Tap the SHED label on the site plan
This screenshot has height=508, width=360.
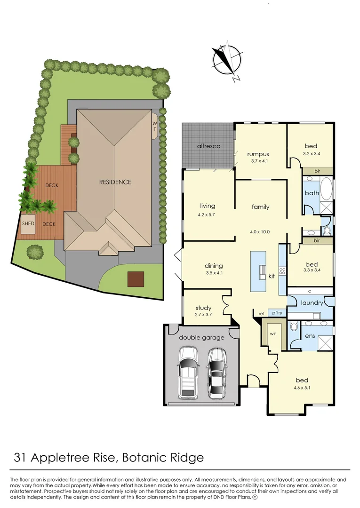point(28,223)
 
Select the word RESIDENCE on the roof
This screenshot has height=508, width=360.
point(115,182)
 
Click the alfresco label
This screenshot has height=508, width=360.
point(208,146)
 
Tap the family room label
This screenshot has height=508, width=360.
point(260,207)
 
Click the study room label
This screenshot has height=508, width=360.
point(203,308)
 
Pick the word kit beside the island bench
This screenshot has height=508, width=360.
point(272,276)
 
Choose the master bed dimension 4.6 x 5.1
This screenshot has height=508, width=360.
point(302,388)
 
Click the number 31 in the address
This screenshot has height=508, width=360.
point(19,457)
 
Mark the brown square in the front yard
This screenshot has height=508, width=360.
point(135,279)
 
